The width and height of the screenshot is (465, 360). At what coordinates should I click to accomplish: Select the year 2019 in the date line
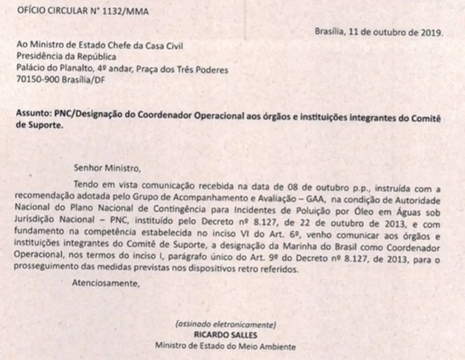tap(430, 32)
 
